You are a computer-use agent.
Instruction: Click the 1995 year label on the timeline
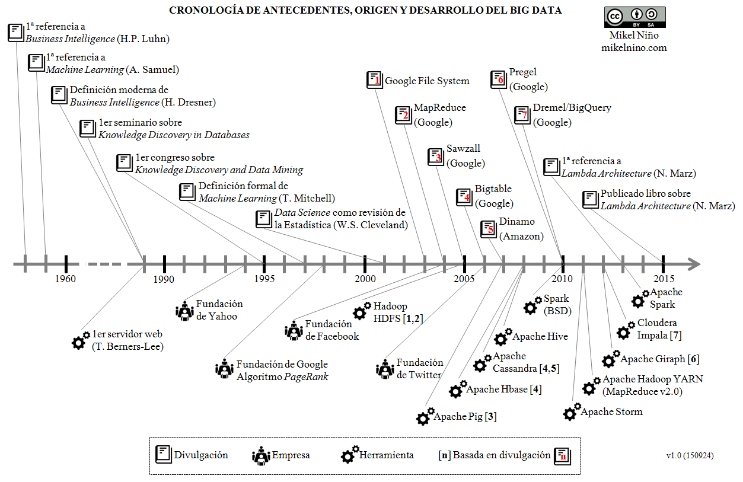264,279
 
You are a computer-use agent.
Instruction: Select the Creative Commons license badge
634,17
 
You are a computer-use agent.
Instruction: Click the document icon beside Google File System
375,80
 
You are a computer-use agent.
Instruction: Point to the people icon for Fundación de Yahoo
185,310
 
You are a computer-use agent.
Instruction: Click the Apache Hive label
540,337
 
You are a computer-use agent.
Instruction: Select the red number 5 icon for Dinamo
489,229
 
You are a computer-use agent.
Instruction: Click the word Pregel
522,72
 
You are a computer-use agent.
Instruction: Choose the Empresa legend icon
261,455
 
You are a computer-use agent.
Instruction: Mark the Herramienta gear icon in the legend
349,454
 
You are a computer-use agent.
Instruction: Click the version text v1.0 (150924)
690,456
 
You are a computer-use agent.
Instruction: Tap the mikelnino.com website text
634,47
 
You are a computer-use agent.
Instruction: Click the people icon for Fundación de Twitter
385,369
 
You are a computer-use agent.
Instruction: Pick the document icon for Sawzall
436,157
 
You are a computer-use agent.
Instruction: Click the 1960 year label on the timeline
65,279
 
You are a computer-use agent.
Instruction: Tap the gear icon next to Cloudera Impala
626,330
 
